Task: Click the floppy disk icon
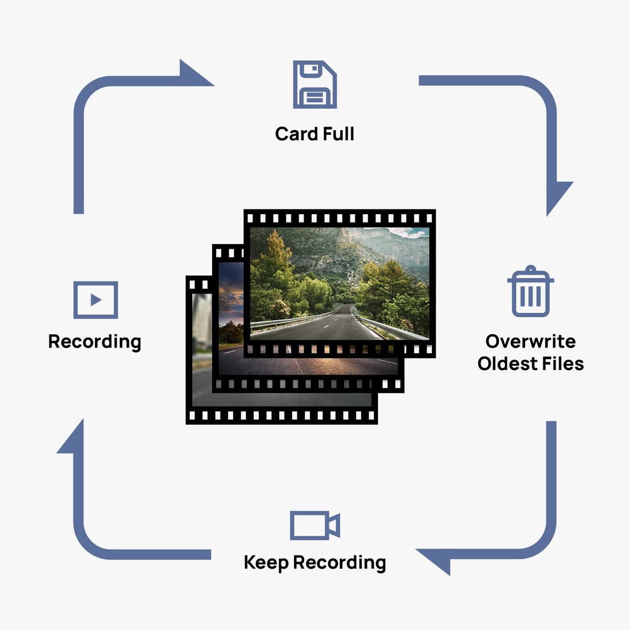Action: click(x=314, y=85)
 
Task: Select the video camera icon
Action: click(x=314, y=525)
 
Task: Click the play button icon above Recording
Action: click(x=96, y=300)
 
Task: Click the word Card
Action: click(x=296, y=134)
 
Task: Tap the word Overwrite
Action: click(x=530, y=341)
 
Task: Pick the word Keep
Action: click(x=266, y=563)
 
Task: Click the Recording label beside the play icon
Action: click(x=94, y=342)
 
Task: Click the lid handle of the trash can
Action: click(x=530, y=269)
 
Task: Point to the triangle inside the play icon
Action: click(x=96, y=300)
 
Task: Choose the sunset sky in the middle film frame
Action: click(x=231, y=294)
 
